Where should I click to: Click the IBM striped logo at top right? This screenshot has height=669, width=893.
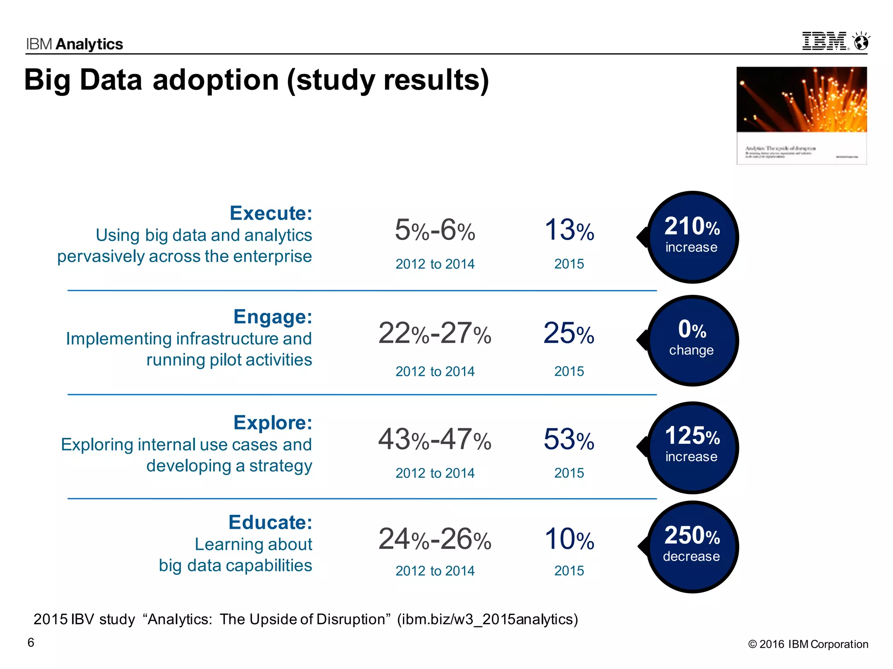[x=825, y=41]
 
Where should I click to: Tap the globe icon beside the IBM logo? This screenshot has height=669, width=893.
[x=862, y=42]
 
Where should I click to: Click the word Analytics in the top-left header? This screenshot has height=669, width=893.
[x=89, y=44]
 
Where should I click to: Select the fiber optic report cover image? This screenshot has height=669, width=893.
[x=801, y=115]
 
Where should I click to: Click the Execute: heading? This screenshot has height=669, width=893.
[x=271, y=213]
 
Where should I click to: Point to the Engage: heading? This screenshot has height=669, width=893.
[x=273, y=317]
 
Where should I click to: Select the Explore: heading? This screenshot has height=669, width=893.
[x=273, y=422]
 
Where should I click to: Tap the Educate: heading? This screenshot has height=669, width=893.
[x=270, y=522]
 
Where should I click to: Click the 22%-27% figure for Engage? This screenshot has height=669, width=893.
[x=435, y=334]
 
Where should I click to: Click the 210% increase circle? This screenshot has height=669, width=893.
[x=692, y=237]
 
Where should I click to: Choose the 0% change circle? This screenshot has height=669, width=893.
[x=692, y=341]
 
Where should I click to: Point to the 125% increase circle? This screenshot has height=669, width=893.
[x=692, y=447]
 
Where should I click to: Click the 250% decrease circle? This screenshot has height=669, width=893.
[x=692, y=547]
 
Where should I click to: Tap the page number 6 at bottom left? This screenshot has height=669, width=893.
[x=31, y=642]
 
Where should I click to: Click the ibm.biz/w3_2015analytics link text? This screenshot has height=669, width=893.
[x=487, y=619]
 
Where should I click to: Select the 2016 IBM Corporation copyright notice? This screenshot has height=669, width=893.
[x=808, y=644]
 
